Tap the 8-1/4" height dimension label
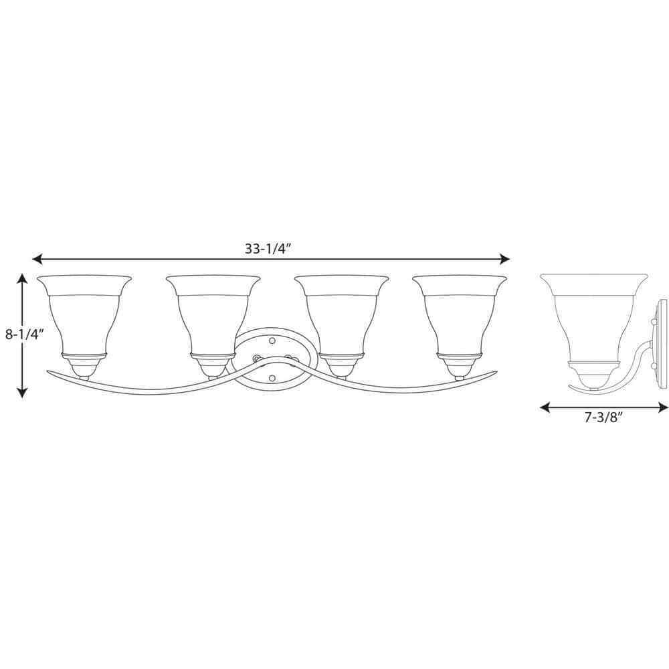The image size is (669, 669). coord(25,334)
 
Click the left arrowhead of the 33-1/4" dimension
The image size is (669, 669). coord(37,258)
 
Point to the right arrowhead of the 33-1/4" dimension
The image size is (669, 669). coord(504,258)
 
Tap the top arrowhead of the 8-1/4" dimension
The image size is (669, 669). coord(22,278)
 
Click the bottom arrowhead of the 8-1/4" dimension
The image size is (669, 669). coord(22,392)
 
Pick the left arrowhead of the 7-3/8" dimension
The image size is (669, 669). coord(545,408)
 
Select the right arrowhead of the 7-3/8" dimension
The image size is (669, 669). coord(663,408)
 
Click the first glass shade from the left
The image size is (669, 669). coord(84,315)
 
